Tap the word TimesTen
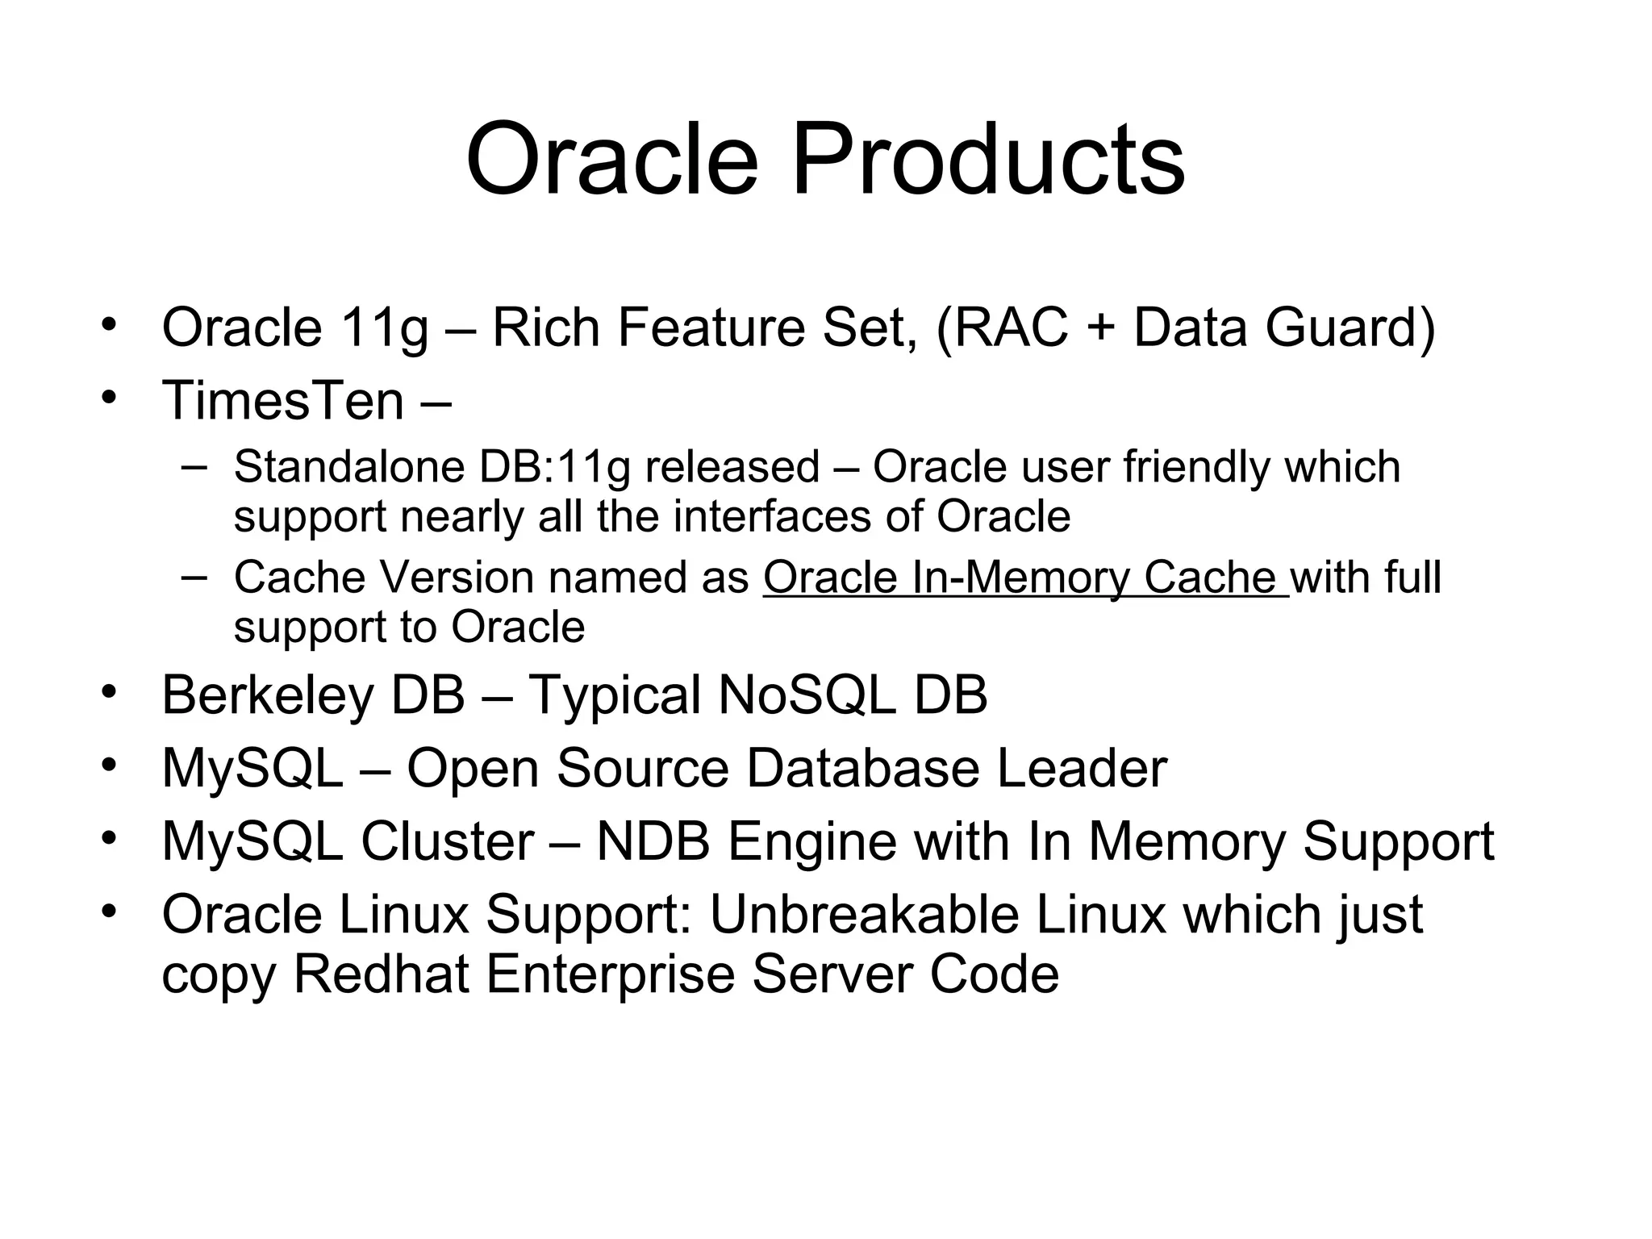(283, 400)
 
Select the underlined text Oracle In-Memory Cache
(1024, 578)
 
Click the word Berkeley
(267, 695)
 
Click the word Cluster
(447, 841)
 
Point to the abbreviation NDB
(653, 841)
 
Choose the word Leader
(1082, 768)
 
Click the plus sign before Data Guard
(1100, 329)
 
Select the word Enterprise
(611, 974)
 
